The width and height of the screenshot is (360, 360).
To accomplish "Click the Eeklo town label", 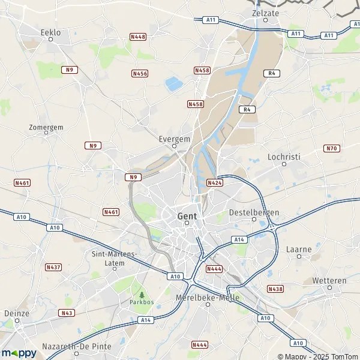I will [x=51, y=32].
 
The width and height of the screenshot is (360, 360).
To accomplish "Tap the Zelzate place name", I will [x=266, y=12].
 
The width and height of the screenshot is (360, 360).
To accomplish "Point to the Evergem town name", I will [x=175, y=138].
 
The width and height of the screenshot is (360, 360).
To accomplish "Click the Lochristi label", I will [x=284, y=157].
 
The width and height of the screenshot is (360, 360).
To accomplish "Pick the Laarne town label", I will [x=299, y=248].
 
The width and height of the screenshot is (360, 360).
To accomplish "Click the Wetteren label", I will [x=329, y=280].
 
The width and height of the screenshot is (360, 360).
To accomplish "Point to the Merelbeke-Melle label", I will [x=207, y=298].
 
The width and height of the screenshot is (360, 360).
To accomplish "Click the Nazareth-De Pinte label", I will [x=77, y=347].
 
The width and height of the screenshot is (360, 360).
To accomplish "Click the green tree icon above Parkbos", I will [x=142, y=295].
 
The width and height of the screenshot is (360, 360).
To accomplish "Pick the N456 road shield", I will [x=140, y=73].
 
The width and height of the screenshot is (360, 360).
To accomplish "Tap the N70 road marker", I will [x=331, y=148].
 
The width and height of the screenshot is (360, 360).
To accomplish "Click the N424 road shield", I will [x=215, y=182].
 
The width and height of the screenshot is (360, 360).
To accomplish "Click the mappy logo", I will [x=19, y=353].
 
